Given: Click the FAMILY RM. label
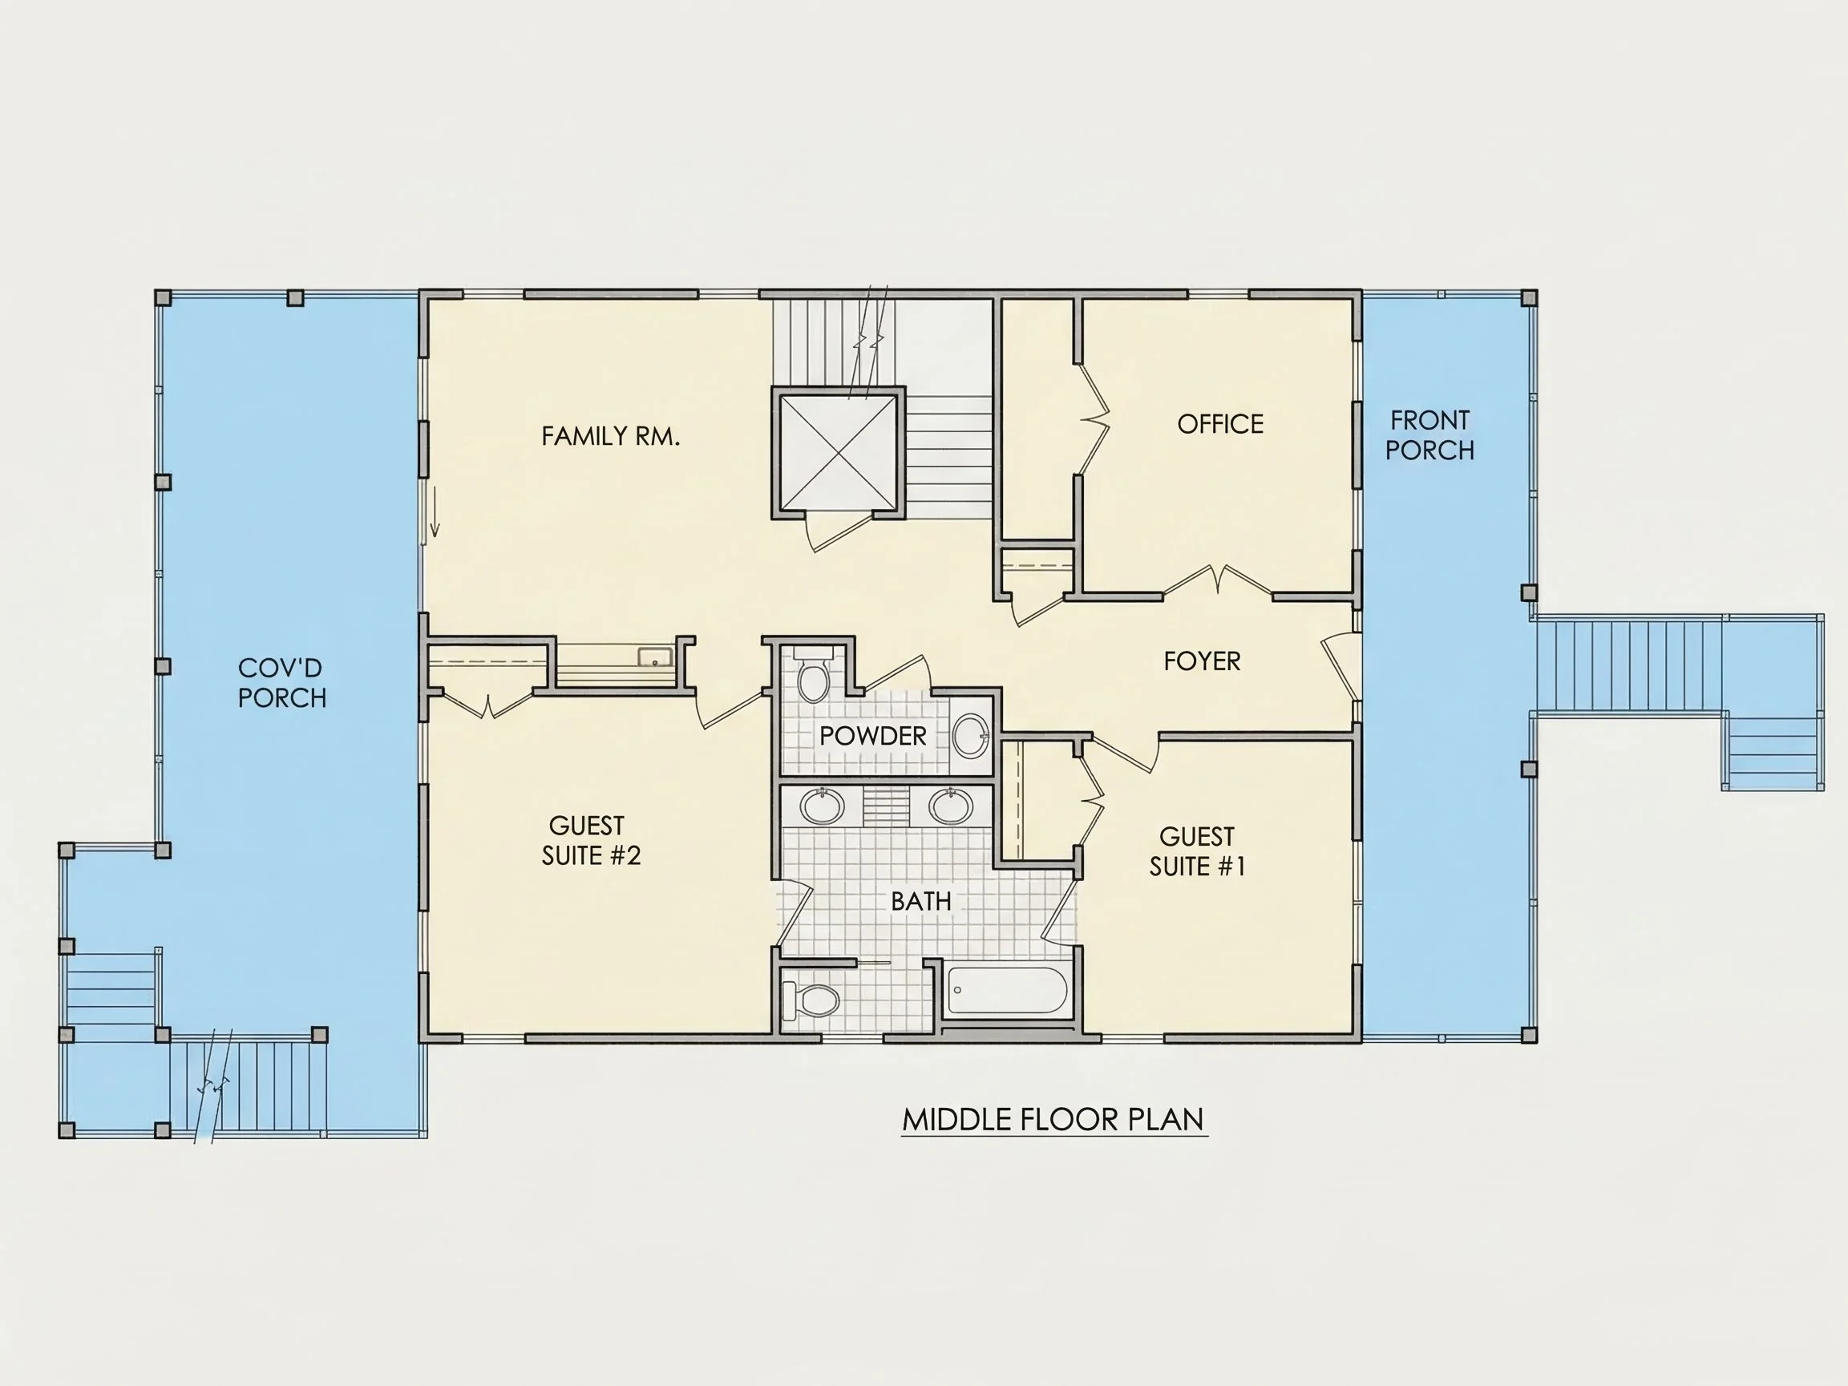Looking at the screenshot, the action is [x=611, y=436].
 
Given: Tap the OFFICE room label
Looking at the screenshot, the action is [x=1219, y=424].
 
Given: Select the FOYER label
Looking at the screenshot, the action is [x=1203, y=661].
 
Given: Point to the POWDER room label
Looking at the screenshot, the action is [x=873, y=736].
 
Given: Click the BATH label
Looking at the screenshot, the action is [x=920, y=902].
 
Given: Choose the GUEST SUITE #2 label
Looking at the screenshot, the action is [x=591, y=840].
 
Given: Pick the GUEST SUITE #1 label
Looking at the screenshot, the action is [x=1197, y=851].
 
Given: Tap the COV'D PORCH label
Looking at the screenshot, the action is [x=281, y=682].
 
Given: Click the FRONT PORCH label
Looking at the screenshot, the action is [x=1429, y=435].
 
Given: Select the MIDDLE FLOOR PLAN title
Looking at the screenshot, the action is [x=1054, y=1120].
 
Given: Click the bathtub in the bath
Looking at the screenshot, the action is [x=1008, y=992].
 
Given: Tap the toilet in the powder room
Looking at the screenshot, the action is [x=812, y=674].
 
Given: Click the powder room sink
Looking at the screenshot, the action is [x=971, y=735].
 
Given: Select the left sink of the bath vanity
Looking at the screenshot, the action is [x=822, y=806].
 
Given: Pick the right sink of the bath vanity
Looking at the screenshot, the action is [x=951, y=806].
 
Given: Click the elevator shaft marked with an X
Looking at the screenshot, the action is [x=838, y=453].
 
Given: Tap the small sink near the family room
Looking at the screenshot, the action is [x=655, y=657].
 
